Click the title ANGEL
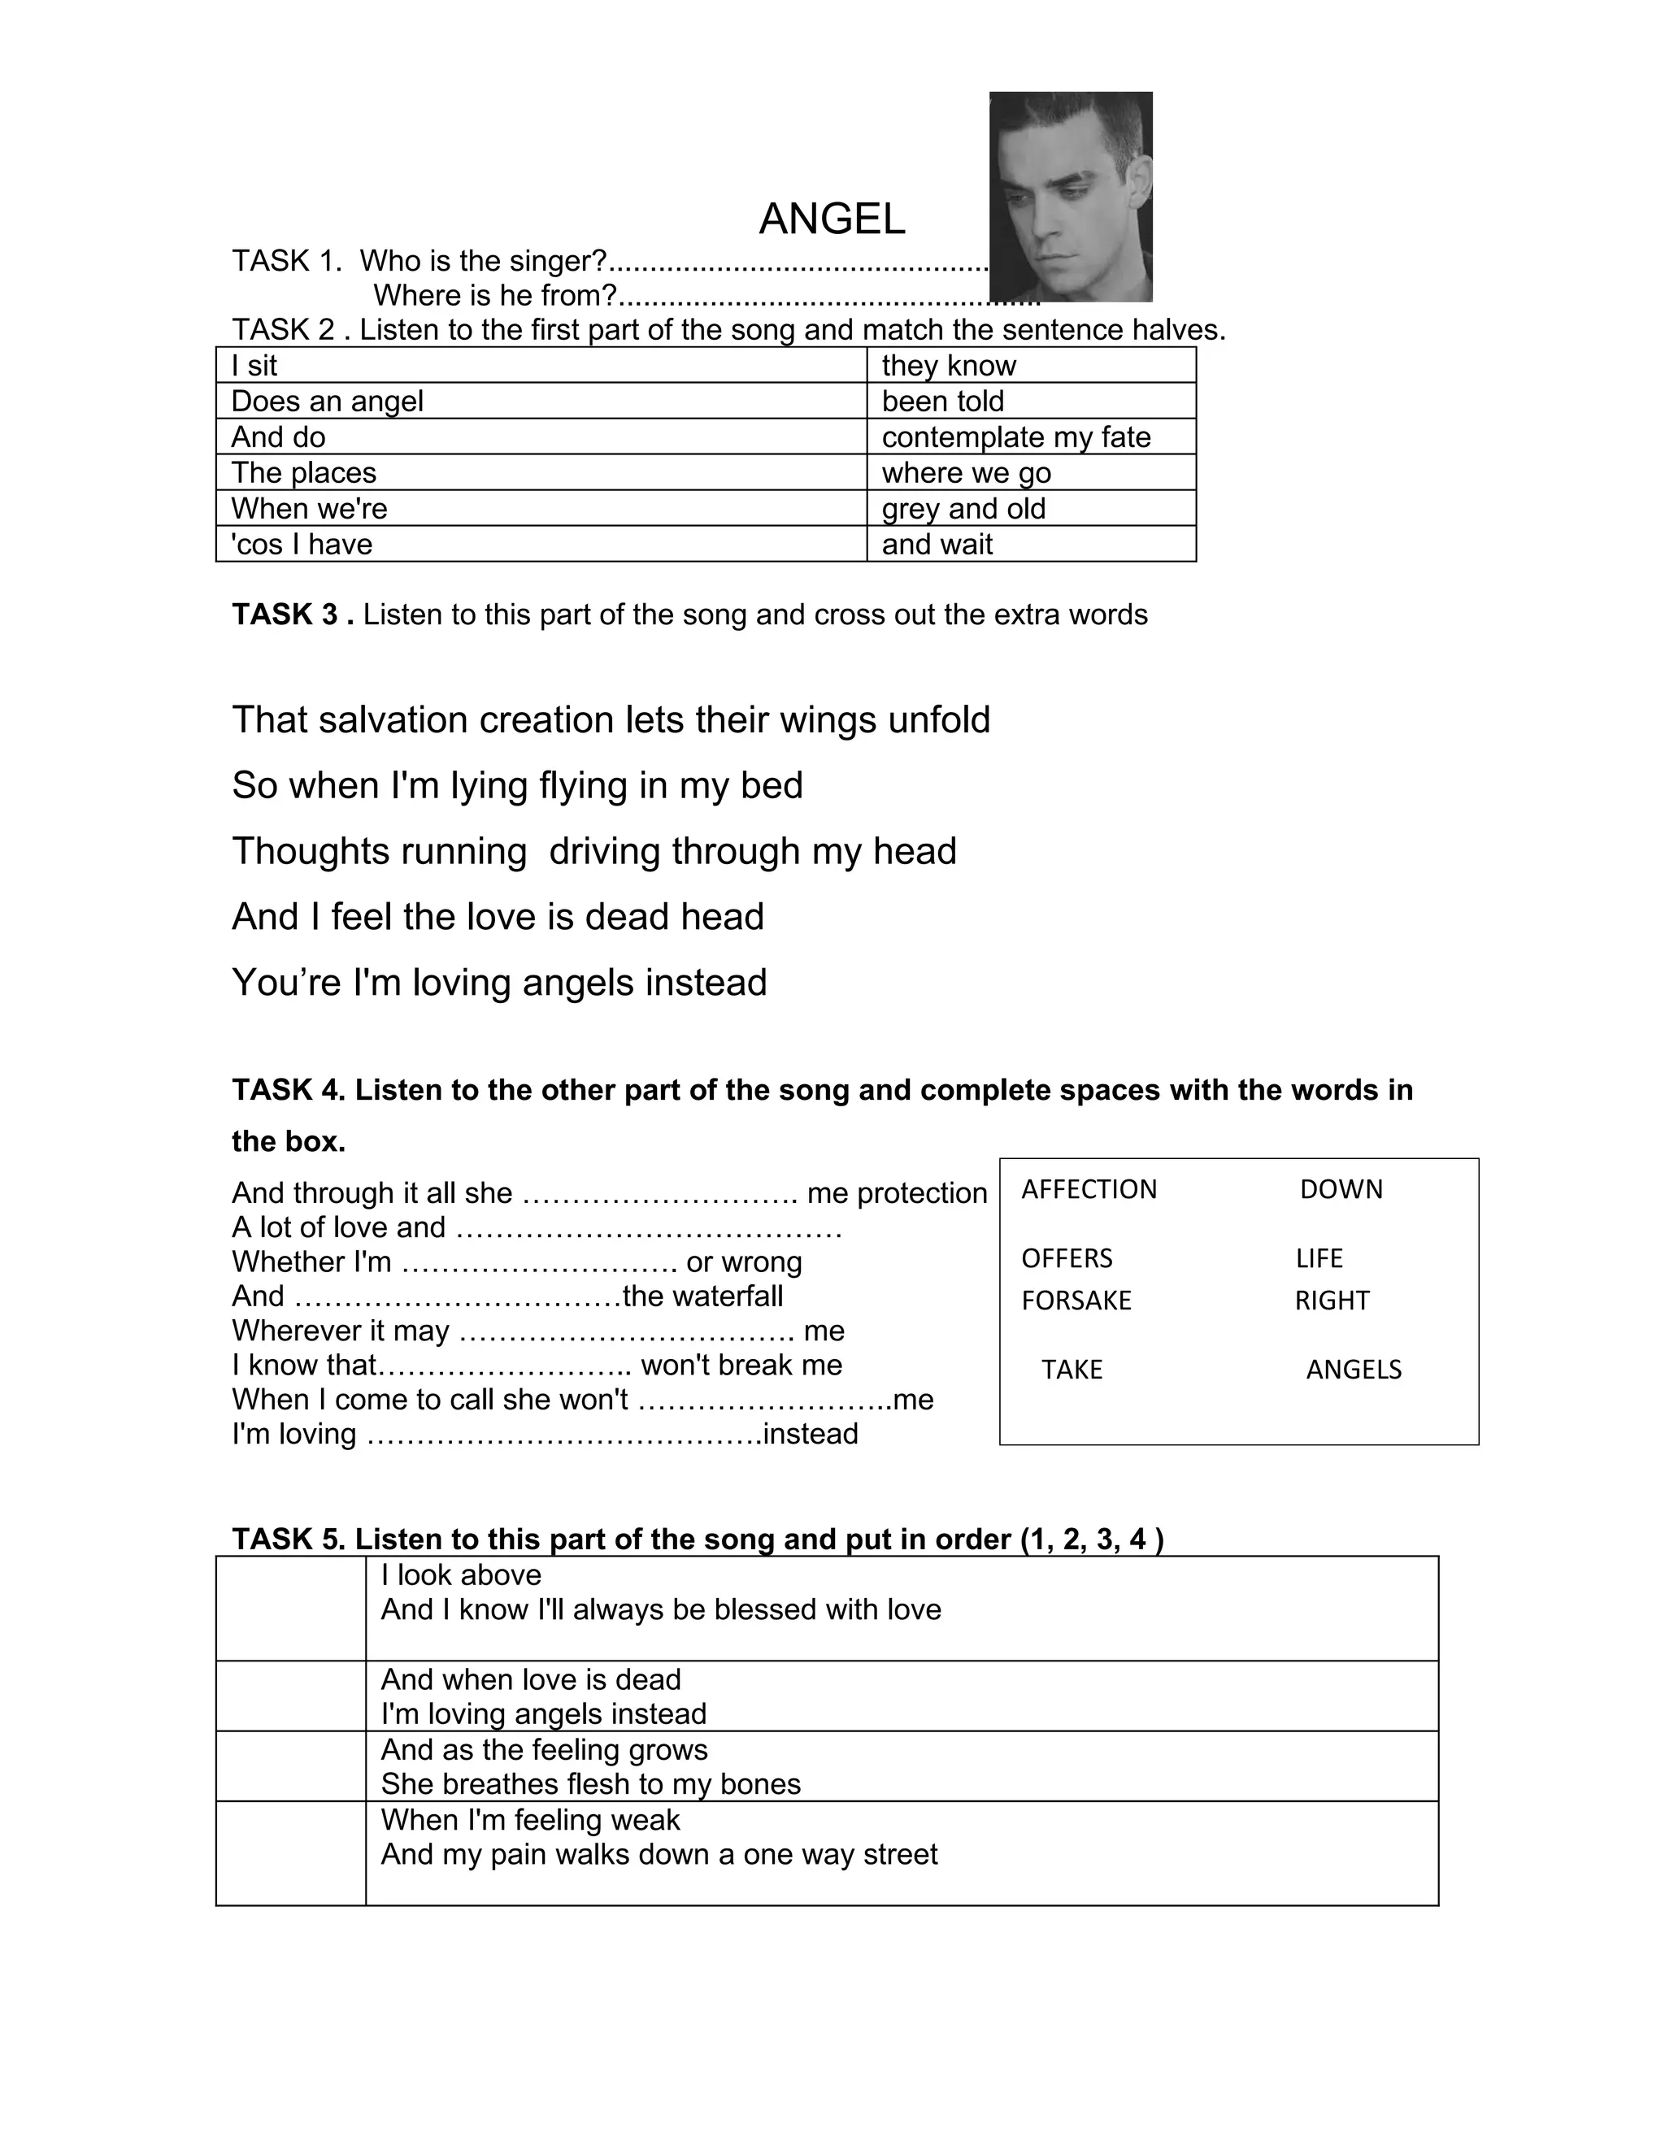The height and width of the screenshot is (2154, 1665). click(x=832, y=219)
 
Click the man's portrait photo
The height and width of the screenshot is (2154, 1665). click(x=1070, y=196)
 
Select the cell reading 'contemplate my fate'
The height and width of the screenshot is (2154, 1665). click(x=1016, y=437)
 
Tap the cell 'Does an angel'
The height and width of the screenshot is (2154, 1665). click(x=328, y=402)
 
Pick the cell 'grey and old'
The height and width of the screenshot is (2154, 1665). click(x=963, y=509)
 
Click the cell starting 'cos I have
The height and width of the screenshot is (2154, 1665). click(x=302, y=545)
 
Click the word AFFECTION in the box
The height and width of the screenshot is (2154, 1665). click(x=1089, y=1189)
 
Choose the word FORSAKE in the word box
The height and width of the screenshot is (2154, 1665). click(x=1076, y=1301)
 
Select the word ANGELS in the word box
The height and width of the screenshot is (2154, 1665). click(x=1354, y=1370)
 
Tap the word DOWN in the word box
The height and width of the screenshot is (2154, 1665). click(x=1341, y=1189)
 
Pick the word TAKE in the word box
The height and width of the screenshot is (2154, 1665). click(x=1072, y=1370)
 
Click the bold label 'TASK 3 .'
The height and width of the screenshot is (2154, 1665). click(x=293, y=614)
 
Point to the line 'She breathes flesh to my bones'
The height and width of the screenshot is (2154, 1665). click(x=591, y=1784)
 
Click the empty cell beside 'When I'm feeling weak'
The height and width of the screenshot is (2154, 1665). click(x=291, y=1853)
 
